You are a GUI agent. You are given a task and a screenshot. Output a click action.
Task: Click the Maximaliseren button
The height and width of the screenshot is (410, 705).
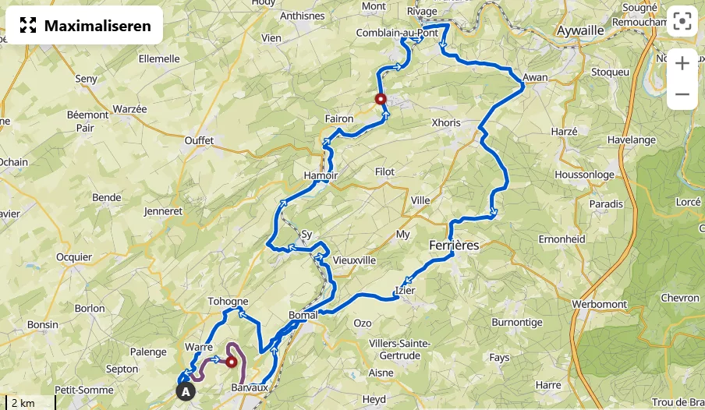pos(84,26)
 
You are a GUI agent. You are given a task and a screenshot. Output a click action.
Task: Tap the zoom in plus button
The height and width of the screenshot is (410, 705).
pos(682,63)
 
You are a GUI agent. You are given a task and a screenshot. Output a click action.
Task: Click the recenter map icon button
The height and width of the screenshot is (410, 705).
pos(682,22)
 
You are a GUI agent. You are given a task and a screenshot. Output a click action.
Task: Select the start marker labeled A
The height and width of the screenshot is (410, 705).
pos(185,391)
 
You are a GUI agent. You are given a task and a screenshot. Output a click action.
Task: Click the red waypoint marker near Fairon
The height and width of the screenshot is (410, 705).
pos(381,99)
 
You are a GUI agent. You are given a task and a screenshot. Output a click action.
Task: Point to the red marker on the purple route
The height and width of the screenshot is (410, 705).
pos(231,361)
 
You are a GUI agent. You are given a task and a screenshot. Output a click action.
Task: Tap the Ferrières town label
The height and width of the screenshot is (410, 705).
pos(454,245)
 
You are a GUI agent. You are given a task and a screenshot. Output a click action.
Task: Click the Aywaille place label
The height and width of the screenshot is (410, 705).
pos(581,30)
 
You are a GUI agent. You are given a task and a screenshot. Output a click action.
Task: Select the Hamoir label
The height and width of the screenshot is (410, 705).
pos(321,175)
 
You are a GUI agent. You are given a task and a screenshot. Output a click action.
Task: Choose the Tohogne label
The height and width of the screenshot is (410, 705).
pos(228,302)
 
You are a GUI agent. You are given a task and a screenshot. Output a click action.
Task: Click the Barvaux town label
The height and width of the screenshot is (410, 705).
pos(250,387)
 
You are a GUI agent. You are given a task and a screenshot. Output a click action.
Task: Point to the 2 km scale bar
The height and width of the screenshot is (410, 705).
pos(28,403)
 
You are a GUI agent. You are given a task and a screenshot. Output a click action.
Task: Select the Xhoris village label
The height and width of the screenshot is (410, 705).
pos(446,123)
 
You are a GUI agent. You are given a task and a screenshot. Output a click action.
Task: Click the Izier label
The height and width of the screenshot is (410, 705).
pos(406,291)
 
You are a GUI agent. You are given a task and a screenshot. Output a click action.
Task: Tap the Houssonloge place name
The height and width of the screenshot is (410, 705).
pos(584,175)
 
